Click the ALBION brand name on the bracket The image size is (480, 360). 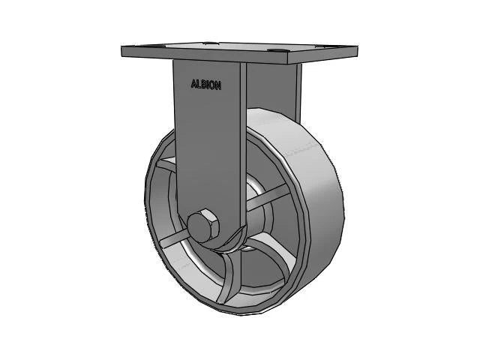click(x=206, y=85)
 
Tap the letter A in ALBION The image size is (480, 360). click(x=193, y=85)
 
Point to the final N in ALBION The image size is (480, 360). click(x=218, y=85)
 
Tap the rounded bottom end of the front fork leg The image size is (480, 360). click(x=221, y=244)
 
